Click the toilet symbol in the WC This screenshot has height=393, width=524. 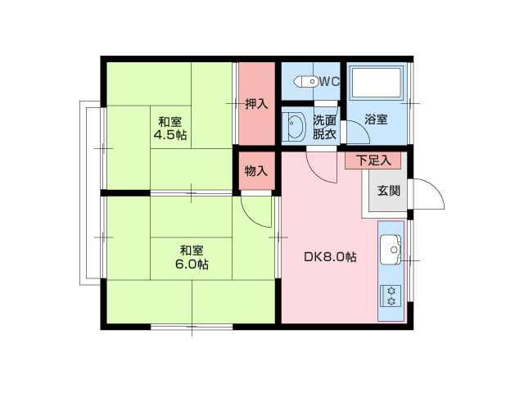pos(306,81)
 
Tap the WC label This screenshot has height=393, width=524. pos(329,81)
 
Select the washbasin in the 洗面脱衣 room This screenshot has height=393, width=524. pos(294,127)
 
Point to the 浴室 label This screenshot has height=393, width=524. pos(376,120)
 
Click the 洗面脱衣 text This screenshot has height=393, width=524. pos(324,127)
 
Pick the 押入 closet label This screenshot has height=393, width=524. pos(256,104)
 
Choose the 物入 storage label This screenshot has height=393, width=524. pos(256,171)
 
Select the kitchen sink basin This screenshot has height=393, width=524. pos(390,247)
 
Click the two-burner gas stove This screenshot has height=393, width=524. pos(391,295)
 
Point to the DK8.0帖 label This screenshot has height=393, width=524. pos(329,256)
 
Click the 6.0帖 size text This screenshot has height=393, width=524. pos(191,264)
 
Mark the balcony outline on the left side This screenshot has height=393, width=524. pos(88,192)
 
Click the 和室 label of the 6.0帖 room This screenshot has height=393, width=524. pos(191,250)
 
